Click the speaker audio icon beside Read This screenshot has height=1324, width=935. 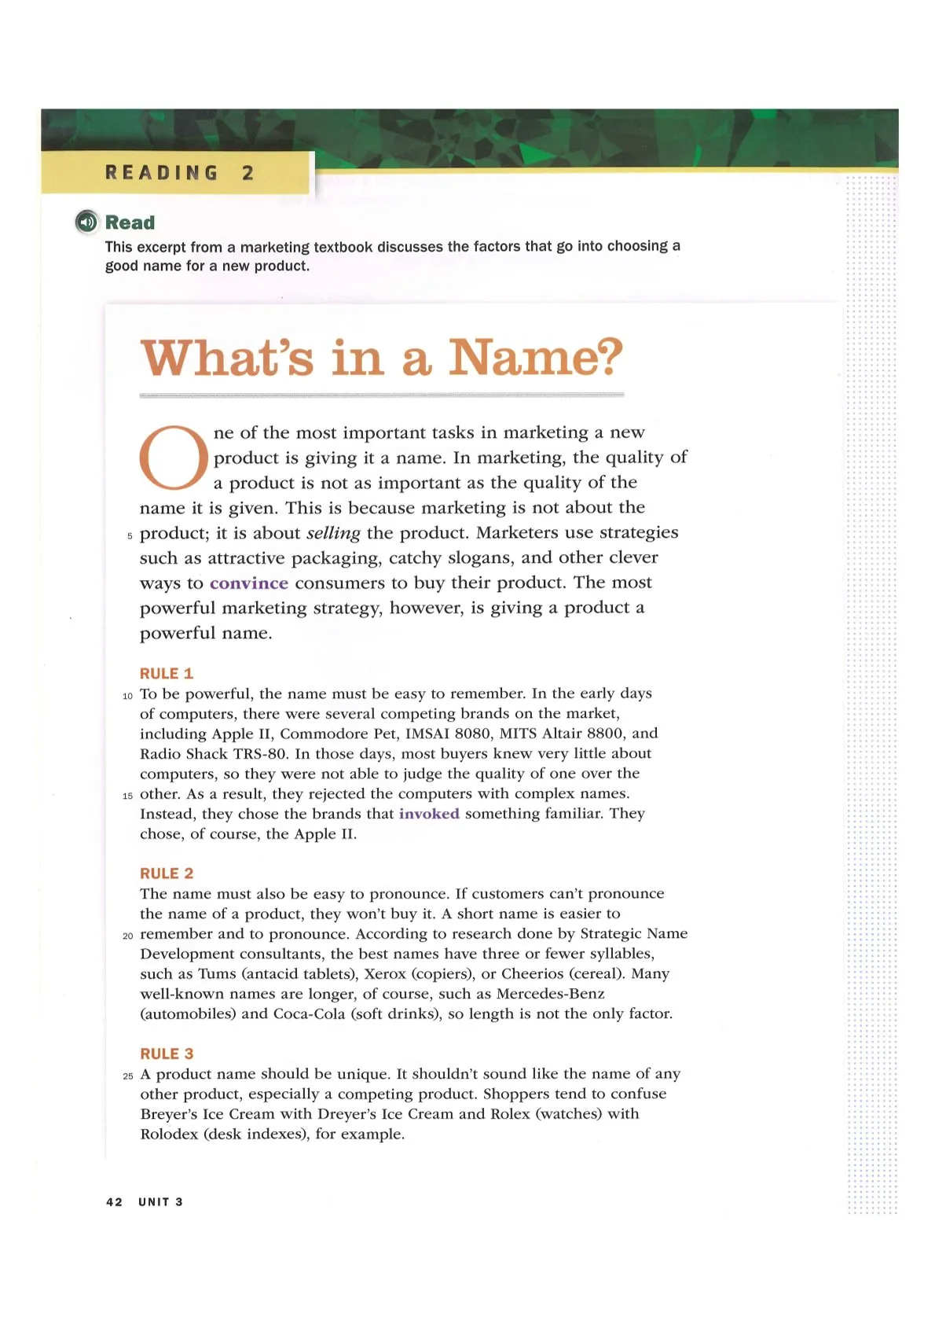[x=86, y=223]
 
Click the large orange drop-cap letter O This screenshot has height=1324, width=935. [x=174, y=458]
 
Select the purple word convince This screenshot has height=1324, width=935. [x=249, y=583]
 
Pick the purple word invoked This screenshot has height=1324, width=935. [x=429, y=814]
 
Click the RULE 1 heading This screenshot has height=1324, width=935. [x=167, y=674]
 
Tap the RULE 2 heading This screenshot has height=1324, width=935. [x=167, y=873]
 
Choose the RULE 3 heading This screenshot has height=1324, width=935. [x=167, y=1054]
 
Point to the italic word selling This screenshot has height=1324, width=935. [x=333, y=533]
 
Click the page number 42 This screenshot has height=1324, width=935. [x=114, y=1202]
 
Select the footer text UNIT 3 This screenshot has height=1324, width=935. [x=161, y=1202]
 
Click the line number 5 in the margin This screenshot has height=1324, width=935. [x=130, y=536]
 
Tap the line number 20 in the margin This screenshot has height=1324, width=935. [x=128, y=936]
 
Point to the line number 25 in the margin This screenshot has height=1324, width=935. [x=128, y=1076]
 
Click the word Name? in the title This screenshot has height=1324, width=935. [x=536, y=358]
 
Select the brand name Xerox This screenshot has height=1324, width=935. [x=385, y=974]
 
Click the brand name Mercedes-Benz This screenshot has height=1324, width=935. [x=551, y=994]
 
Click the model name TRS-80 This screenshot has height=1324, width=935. [x=261, y=754]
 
